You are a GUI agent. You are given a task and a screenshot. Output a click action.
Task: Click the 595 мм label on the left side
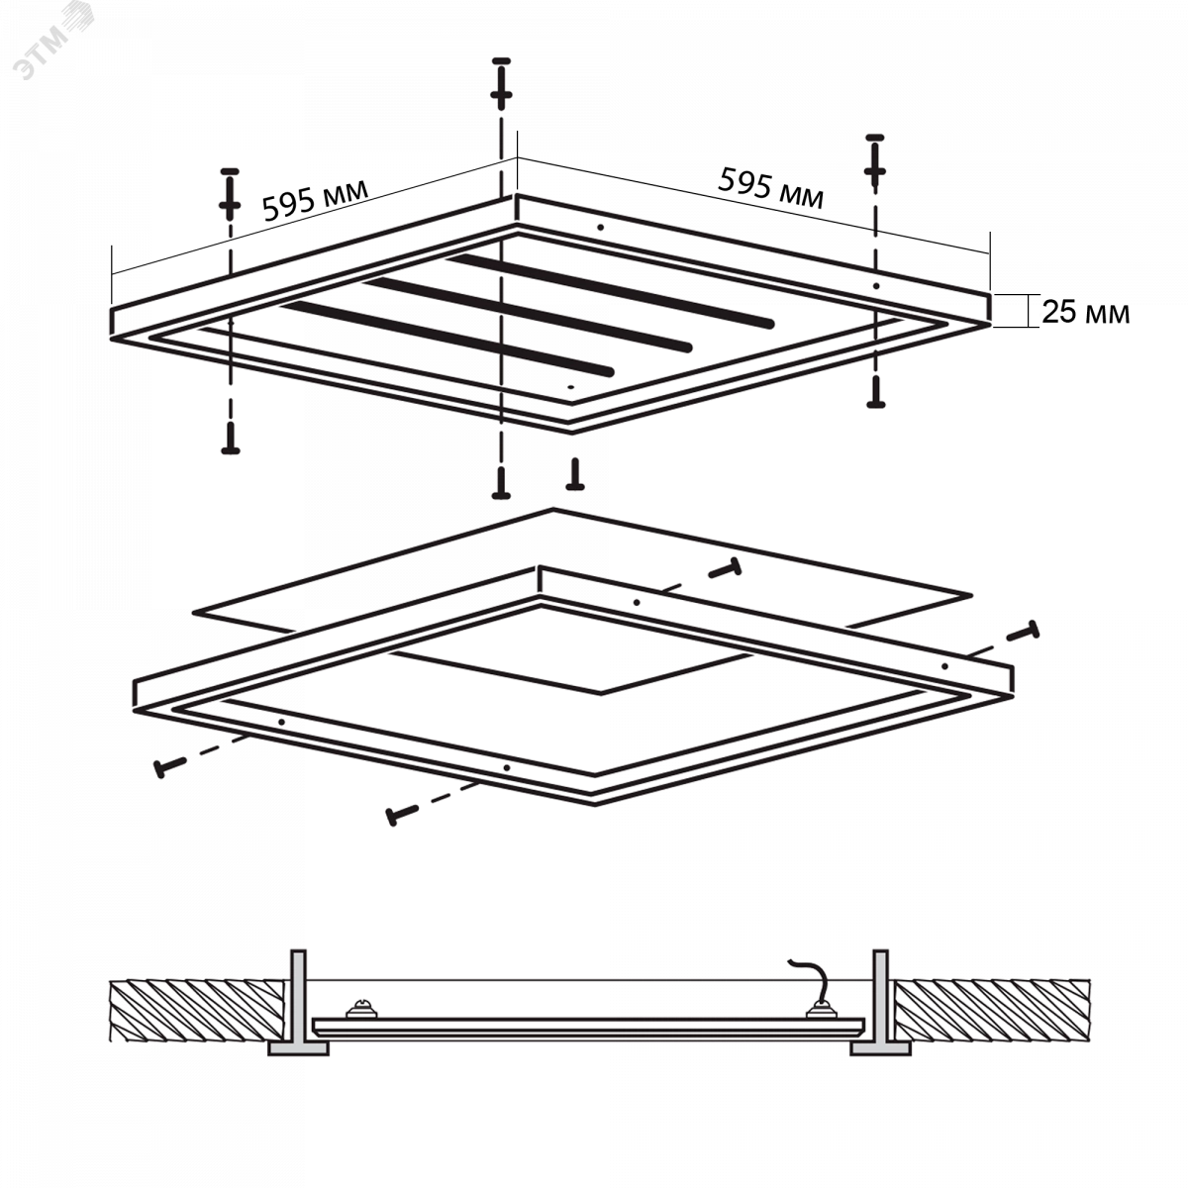pos(315,200)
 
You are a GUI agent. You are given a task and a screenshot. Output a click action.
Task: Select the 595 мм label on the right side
pos(770,187)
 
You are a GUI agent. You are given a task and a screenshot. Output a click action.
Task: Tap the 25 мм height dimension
pos(1086,312)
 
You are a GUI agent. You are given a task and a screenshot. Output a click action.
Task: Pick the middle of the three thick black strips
pos(528,315)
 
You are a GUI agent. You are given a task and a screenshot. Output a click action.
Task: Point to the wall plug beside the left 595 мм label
pos(230,194)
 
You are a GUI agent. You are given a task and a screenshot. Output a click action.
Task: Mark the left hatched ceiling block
pos(197,1011)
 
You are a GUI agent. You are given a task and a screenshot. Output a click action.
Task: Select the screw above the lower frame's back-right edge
pos(725,568)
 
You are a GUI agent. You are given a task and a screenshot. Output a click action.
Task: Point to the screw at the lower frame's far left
pos(169,767)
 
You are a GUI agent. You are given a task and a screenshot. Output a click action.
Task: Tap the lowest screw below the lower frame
pos(401,815)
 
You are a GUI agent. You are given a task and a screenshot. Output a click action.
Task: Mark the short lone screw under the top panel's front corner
pos(575,474)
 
